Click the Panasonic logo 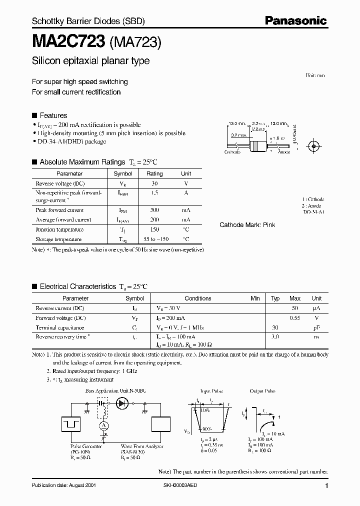click(x=295, y=21)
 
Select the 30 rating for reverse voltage click(x=154, y=183)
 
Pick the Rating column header click(x=154, y=173)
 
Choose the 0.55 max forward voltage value click(x=295, y=318)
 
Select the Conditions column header click(x=198, y=298)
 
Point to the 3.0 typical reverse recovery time click(x=275, y=337)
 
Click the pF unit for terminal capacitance click(x=316, y=327)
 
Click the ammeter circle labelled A click(x=104, y=425)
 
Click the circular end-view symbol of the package click(x=314, y=146)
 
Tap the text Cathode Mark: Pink click(x=247, y=225)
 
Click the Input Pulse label click(x=211, y=391)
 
